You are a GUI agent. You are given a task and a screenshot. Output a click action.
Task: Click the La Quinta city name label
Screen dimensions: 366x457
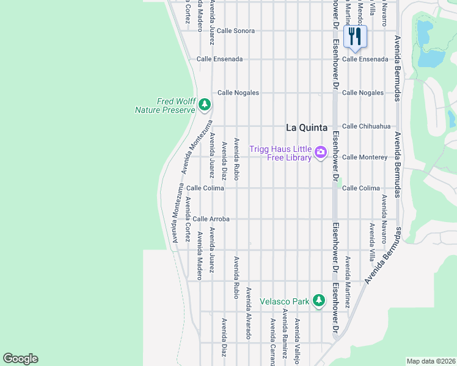coord(307,127)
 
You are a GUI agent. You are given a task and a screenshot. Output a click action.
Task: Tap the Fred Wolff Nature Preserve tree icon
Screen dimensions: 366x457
coord(205,105)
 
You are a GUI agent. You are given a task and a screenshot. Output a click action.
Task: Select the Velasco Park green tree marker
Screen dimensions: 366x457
coord(318,300)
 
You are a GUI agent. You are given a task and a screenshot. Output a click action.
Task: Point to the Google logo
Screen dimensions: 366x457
coord(20,359)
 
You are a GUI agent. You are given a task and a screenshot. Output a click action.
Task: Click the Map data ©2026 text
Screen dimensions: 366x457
coord(431,361)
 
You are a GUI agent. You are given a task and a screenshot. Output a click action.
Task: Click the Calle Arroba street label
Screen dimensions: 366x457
coord(211,219)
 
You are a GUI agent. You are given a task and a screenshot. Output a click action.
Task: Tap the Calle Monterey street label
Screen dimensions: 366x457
coord(365,157)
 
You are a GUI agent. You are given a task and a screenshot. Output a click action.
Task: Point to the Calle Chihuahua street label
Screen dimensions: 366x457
coord(366,126)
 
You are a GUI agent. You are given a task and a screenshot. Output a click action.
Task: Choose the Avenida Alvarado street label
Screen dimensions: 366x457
coord(249,313)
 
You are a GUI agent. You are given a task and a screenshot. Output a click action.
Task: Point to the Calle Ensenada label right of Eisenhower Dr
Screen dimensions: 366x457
coord(365,59)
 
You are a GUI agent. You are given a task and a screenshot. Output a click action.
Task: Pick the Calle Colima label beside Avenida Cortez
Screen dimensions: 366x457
coord(205,188)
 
